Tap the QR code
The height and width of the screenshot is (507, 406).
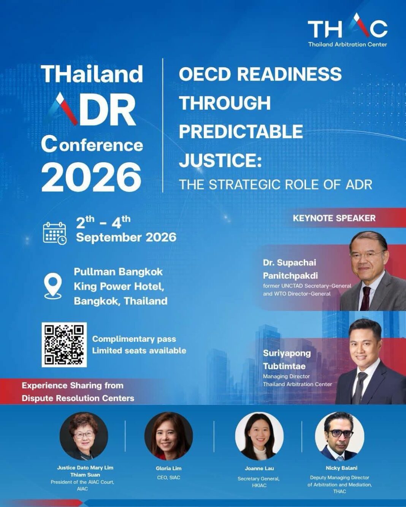click(64, 345)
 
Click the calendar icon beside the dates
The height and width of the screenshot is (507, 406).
click(54, 234)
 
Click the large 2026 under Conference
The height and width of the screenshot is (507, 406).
click(92, 177)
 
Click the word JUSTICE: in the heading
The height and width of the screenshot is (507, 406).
click(220, 159)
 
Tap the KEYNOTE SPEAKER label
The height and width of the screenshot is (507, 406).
click(334, 218)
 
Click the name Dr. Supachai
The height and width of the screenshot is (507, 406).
click(289, 263)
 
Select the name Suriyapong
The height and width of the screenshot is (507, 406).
click(287, 354)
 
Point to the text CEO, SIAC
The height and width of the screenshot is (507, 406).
click(168, 477)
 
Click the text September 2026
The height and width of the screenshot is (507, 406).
click(126, 237)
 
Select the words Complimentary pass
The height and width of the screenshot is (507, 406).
click(134, 339)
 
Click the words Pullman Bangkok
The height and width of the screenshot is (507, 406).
click(118, 272)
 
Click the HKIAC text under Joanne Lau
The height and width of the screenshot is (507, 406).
click(259, 485)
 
